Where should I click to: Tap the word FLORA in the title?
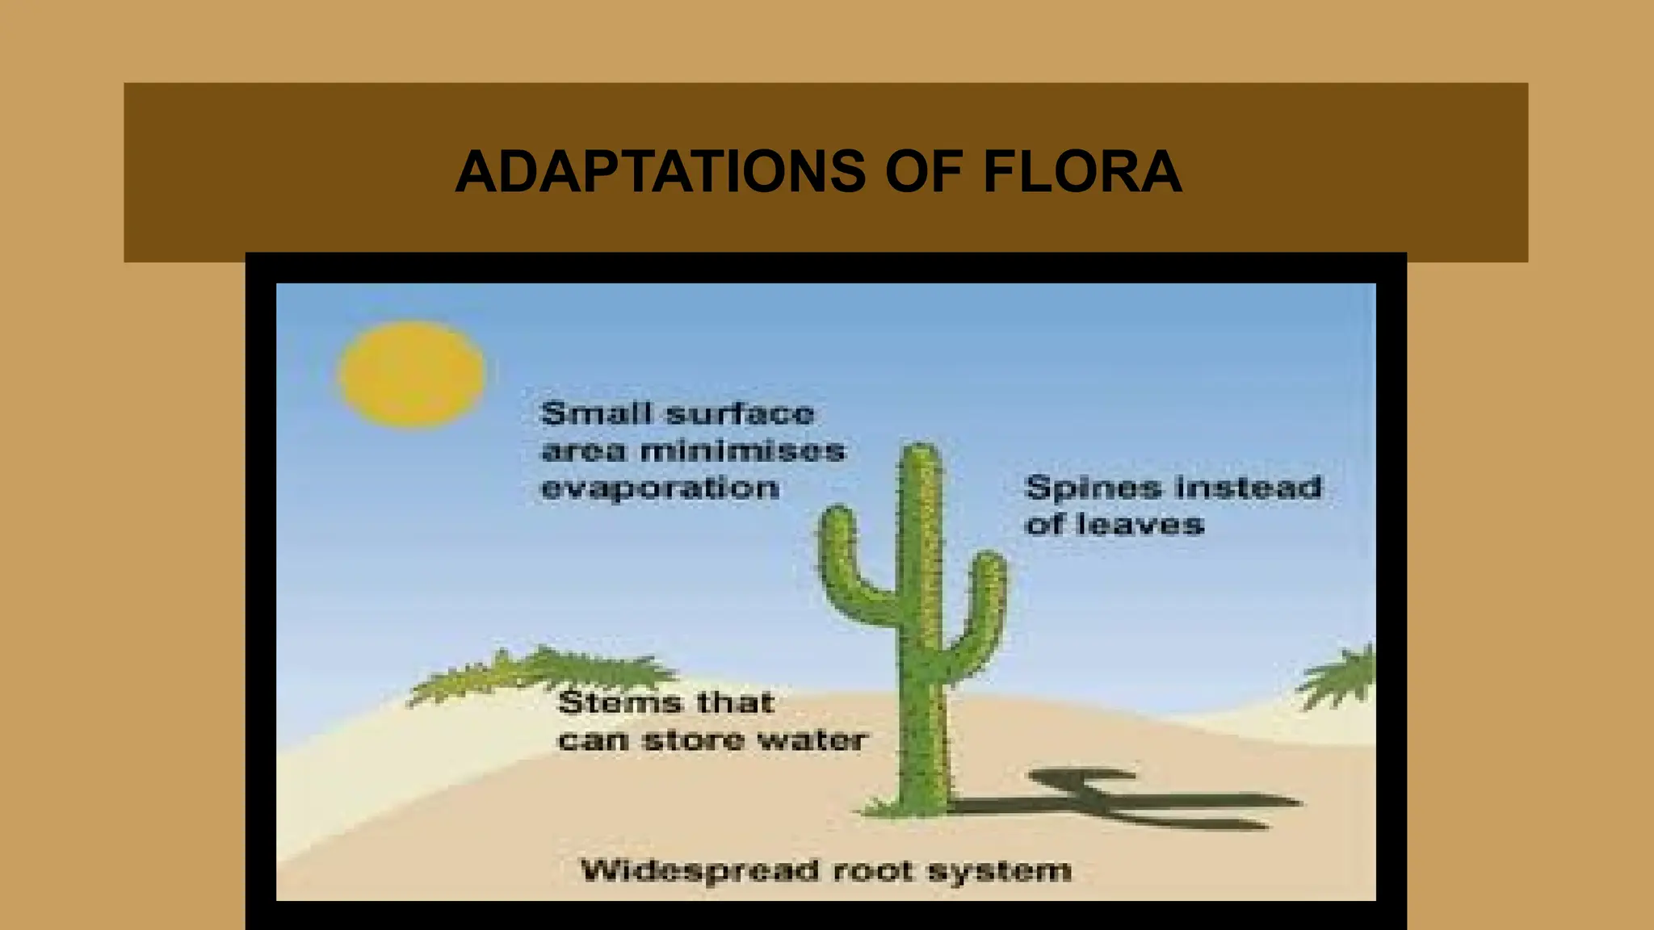click(1082, 172)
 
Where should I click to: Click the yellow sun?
click(411, 374)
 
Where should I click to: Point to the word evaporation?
click(660, 489)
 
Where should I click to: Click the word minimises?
click(743, 450)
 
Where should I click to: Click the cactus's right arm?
click(985, 605)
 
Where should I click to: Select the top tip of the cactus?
click(921, 450)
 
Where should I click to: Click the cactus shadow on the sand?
click(1131, 799)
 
